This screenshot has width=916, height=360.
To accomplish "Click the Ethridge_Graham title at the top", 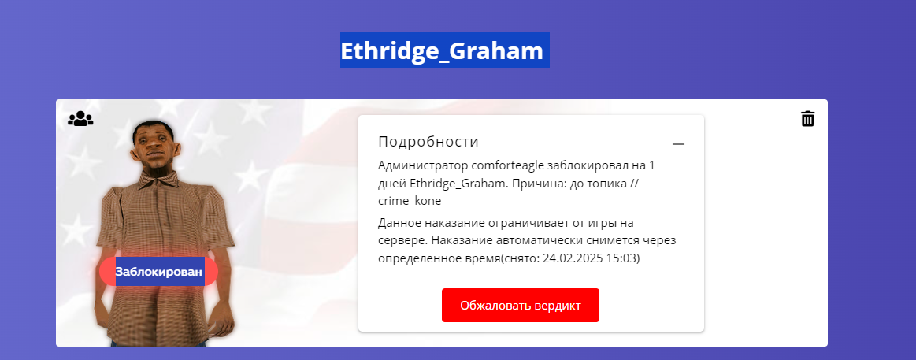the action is pyautogui.click(x=442, y=51).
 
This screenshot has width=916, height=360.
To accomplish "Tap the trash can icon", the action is pyautogui.click(x=807, y=119).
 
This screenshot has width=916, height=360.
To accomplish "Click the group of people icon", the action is pyautogui.click(x=80, y=119).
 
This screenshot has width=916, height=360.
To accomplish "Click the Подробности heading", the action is pyautogui.click(x=428, y=142).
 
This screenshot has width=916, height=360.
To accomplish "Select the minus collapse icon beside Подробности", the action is pyautogui.click(x=678, y=144).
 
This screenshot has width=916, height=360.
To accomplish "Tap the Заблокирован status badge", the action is pyautogui.click(x=159, y=271).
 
